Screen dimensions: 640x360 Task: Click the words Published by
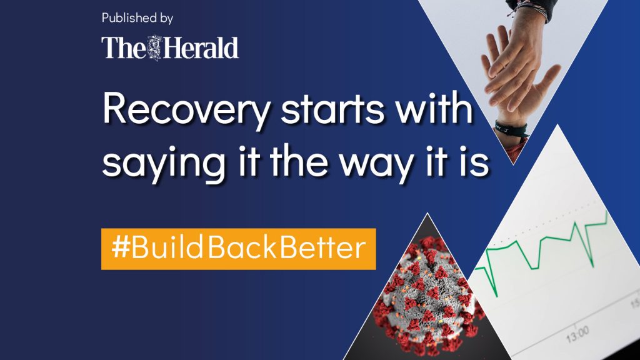[x=137, y=18]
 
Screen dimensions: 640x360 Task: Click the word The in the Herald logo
[x=124, y=47]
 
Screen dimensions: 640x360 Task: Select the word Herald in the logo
[x=201, y=47]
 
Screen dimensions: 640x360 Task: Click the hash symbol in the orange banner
[x=121, y=247]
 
